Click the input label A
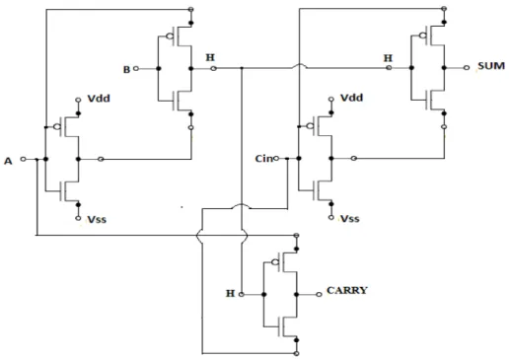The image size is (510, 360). [8, 161]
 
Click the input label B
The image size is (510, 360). [126, 70]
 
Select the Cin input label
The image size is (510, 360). [263, 159]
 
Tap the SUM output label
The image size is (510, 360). [491, 66]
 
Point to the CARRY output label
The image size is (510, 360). [347, 290]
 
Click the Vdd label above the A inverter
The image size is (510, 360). [99, 99]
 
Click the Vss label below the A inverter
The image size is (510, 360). [97, 219]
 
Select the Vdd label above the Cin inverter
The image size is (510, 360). [351, 98]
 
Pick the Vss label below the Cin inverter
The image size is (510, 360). [350, 219]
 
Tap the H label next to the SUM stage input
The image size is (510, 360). [388, 58]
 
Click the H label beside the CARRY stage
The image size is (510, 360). [230, 293]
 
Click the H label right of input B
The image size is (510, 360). [210, 57]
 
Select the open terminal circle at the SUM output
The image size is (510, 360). [467, 68]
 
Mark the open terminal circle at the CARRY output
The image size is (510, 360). [319, 295]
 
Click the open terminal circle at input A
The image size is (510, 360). [23, 159]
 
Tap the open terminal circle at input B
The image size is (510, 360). [136, 69]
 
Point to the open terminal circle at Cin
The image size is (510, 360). [276, 159]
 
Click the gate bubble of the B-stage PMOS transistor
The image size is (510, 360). [170, 36]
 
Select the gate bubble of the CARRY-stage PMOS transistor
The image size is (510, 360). [275, 262]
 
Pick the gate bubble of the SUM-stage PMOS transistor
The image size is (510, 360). [423, 36]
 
